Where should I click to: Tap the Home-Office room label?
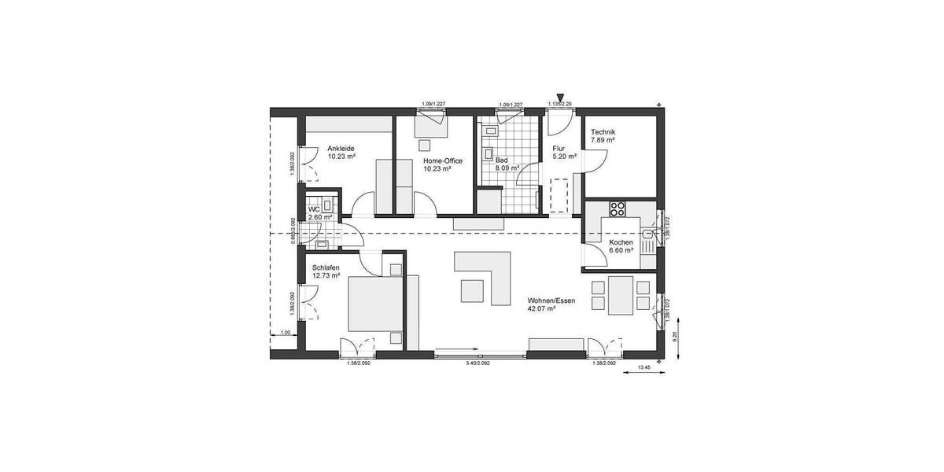tap(442, 160)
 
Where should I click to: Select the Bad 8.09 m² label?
tap(507, 163)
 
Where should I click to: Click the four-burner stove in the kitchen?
tap(617, 209)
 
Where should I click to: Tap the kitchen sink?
tap(647, 234)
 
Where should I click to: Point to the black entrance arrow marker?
tap(560, 96)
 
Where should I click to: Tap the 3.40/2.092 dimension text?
tap(478, 363)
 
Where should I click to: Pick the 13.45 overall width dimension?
tap(643, 367)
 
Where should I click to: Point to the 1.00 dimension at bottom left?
tap(286, 333)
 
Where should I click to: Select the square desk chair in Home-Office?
tap(427, 145)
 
